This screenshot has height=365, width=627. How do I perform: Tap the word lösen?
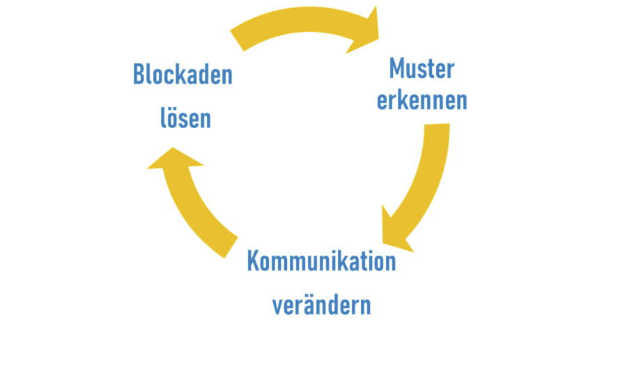(x=185, y=119)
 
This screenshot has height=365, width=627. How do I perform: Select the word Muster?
(x=421, y=69)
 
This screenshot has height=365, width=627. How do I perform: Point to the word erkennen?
(x=422, y=102)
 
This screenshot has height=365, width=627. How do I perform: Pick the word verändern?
(x=320, y=305)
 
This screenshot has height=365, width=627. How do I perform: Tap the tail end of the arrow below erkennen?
(x=434, y=132)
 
